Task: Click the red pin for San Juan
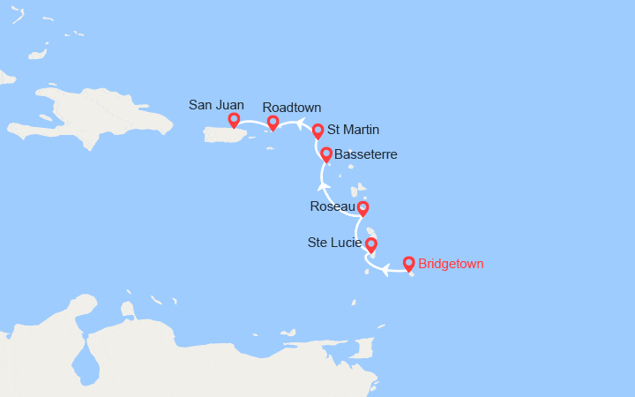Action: [234, 120]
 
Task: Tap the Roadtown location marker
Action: [273, 123]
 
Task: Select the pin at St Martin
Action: [317, 131]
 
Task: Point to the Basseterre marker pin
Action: [326, 154]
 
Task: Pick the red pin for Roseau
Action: [362, 208]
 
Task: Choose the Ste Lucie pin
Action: [371, 244]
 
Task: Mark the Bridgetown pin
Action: [409, 263]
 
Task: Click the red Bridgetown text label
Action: [451, 263]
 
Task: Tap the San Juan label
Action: [216, 105]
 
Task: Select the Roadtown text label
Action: [292, 108]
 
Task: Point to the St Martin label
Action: [353, 130]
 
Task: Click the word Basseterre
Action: [366, 154]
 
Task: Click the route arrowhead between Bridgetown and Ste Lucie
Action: [385, 271]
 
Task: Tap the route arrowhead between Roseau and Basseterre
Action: [322, 185]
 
